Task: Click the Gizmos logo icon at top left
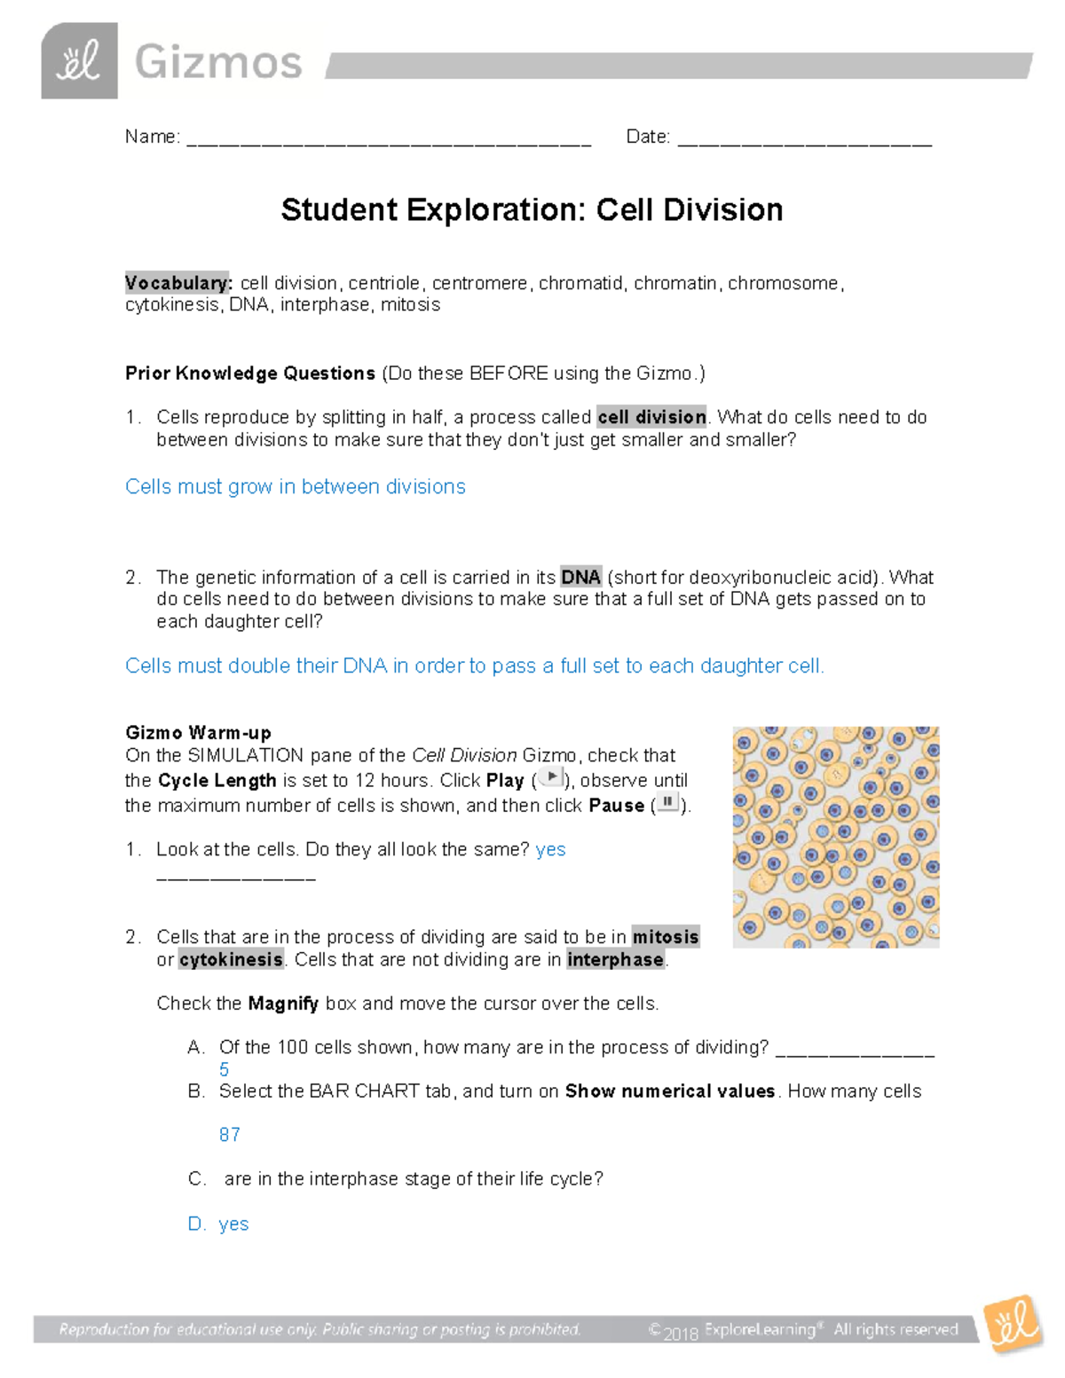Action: pos(79,61)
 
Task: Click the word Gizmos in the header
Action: pos(218,64)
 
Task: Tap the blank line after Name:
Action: pos(389,138)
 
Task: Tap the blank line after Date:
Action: pos(804,138)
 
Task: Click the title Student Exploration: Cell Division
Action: pos(532,210)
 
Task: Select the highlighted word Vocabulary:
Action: pos(178,283)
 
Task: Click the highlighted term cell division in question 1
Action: pos(651,417)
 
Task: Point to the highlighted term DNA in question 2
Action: pos(580,578)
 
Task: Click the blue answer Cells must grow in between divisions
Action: pos(295,487)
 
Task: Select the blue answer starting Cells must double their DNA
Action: pos(474,666)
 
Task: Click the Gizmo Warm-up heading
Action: pos(198,733)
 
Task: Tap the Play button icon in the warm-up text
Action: pos(551,778)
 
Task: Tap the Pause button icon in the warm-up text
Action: pos(668,803)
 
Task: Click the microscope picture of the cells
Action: pos(835,837)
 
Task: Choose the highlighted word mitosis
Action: pos(665,937)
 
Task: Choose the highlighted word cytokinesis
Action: pos(231,960)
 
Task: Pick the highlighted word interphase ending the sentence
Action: pos(615,960)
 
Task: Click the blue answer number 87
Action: pos(229,1135)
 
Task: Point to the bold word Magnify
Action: pos(283,1004)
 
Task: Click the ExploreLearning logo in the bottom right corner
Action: pos(1014,1324)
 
